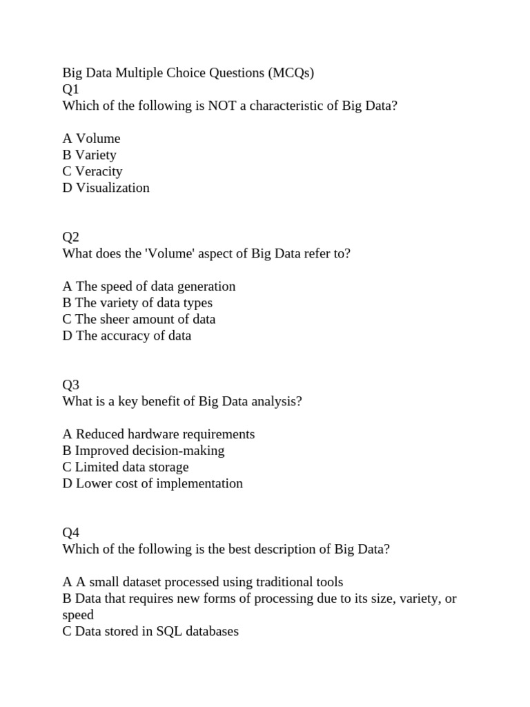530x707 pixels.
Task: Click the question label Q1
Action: pos(71,90)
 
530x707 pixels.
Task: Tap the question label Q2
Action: pos(71,238)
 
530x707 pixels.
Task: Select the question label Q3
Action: pos(71,385)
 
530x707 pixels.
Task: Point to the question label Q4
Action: pos(71,533)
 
